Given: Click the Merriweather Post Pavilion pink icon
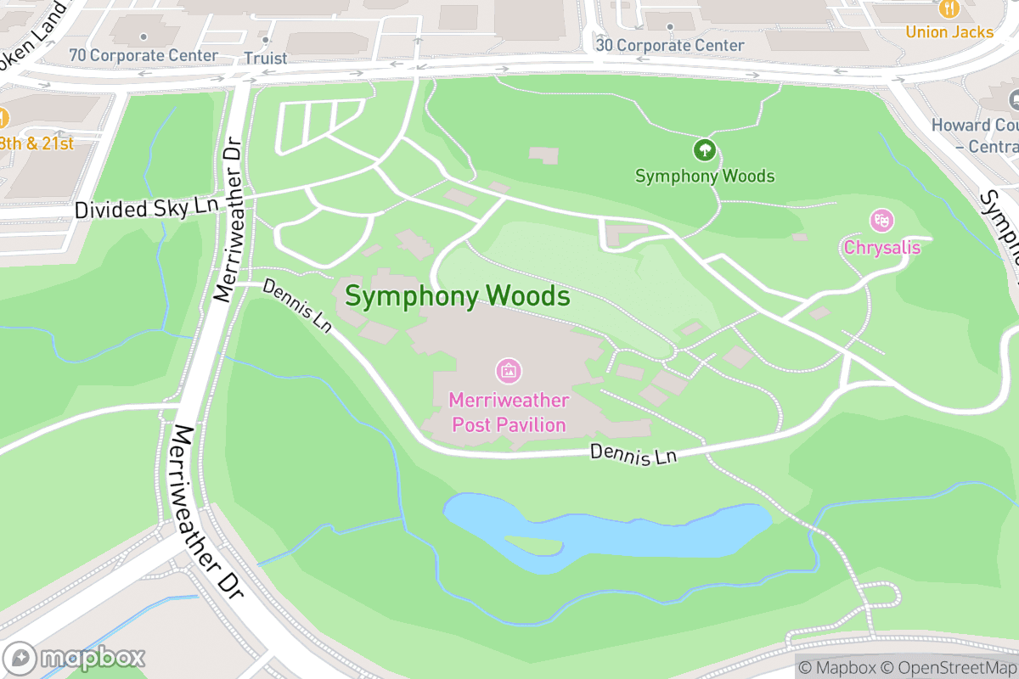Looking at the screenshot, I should [x=508, y=370].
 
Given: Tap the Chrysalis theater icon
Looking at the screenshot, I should [x=881, y=221].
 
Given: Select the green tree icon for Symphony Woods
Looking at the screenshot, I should [x=704, y=151].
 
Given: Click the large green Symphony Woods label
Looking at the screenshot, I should [x=457, y=296].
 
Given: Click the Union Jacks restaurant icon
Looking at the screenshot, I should [x=949, y=9].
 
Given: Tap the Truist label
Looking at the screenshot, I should [x=266, y=59].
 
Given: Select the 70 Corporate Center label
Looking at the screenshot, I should [x=144, y=55].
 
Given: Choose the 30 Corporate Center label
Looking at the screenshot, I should [x=670, y=45].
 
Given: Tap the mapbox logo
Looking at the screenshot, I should [x=75, y=658].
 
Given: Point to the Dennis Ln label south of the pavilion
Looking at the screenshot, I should [x=633, y=454].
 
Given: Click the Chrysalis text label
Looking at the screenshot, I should [x=881, y=247].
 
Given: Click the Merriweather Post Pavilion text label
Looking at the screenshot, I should [x=508, y=412].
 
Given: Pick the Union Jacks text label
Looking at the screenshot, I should [x=949, y=32].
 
